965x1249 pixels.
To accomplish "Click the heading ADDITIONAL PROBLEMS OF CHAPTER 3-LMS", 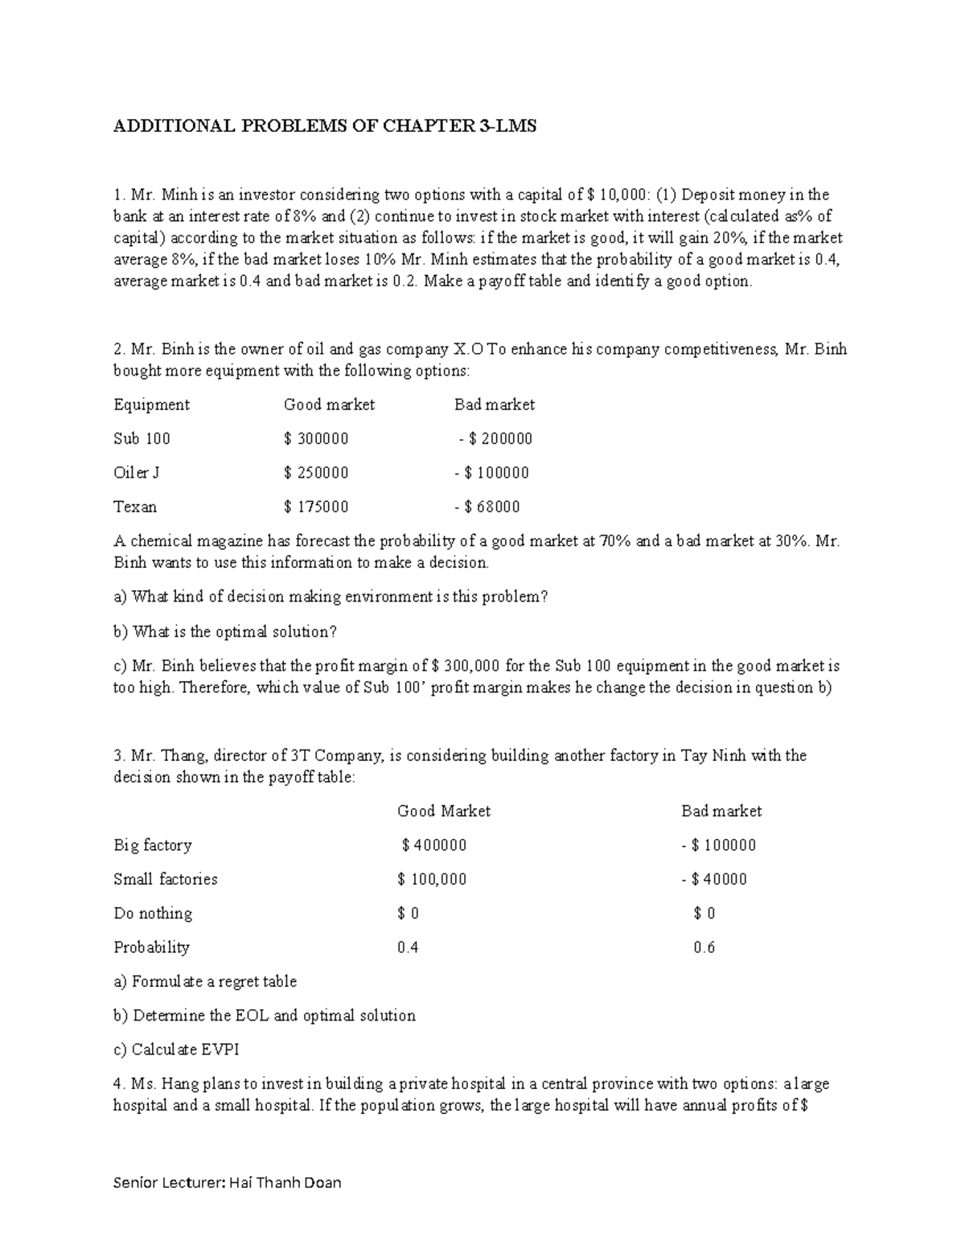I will tap(325, 126).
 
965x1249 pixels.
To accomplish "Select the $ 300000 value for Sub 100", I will tap(316, 439).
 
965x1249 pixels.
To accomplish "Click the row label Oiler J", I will tap(137, 473).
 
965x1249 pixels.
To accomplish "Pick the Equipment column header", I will tap(152, 405).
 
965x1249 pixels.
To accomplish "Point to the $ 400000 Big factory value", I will tap(433, 845).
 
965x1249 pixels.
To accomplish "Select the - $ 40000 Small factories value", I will tap(714, 879).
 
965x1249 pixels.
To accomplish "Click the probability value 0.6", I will tap(704, 947).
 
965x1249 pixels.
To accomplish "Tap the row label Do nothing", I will tap(153, 914).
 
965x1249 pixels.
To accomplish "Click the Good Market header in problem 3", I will tap(444, 811).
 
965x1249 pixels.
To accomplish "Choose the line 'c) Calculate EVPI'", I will tap(177, 1050).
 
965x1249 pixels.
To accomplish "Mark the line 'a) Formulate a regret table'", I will tap(206, 982).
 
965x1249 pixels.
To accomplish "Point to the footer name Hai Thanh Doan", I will tap(285, 1182).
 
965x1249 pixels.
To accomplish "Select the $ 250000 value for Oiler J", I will tap(316, 473).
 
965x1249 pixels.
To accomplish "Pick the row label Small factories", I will tap(166, 879).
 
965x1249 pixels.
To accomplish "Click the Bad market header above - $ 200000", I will tap(495, 405).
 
